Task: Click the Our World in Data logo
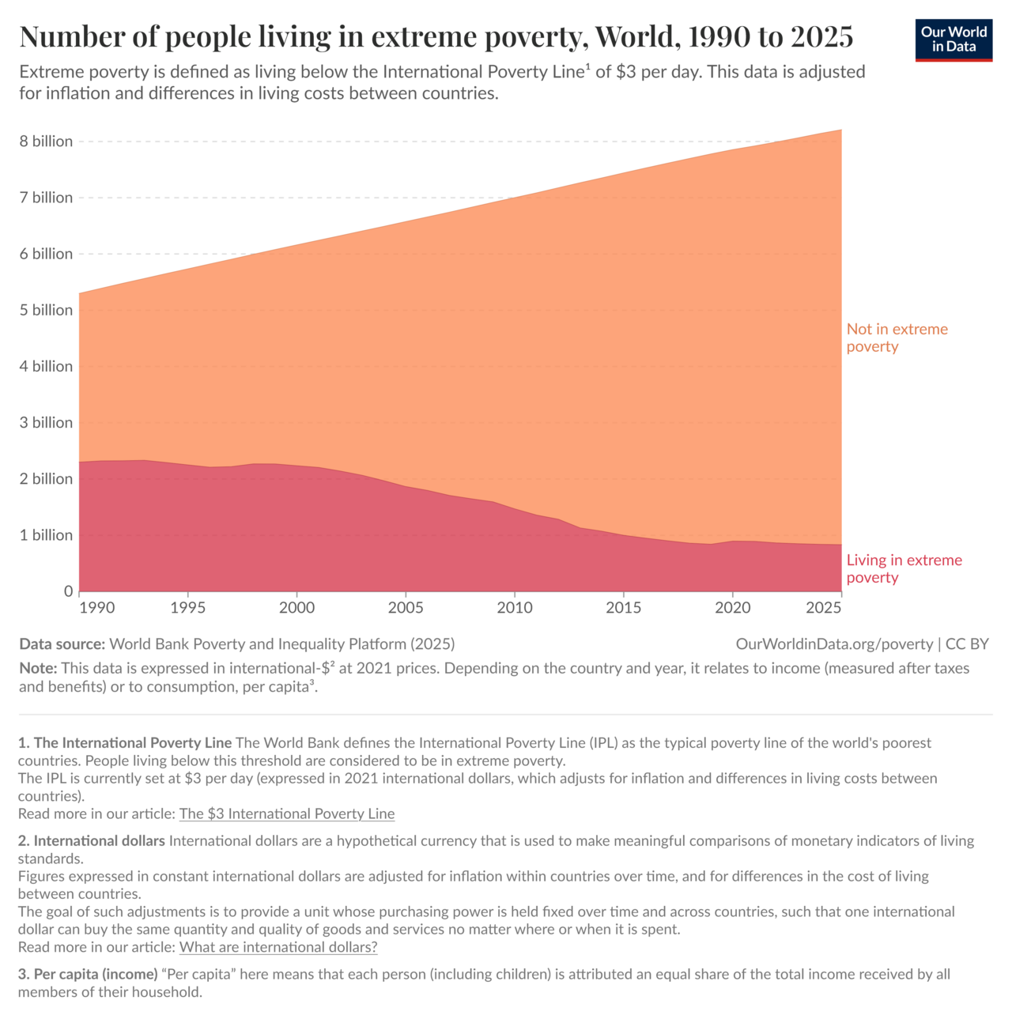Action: click(953, 40)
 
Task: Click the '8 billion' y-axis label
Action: click(46, 142)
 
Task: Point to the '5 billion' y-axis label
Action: click(46, 310)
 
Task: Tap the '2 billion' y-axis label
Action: click(46, 478)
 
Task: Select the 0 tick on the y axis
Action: click(68, 591)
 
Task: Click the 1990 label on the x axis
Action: click(96, 608)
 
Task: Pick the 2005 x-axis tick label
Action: click(406, 608)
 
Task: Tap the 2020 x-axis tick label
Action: click(733, 608)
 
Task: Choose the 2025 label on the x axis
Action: click(824, 608)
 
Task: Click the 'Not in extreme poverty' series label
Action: click(897, 338)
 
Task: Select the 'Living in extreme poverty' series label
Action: click(904, 568)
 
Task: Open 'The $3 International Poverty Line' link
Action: click(287, 813)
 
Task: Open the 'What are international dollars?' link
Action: click(278, 946)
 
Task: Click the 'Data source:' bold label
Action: click(62, 643)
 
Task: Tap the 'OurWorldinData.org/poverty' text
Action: click(834, 643)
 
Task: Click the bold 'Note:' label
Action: click(38, 668)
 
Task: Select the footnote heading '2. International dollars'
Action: click(92, 841)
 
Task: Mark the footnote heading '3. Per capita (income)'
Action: click(88, 974)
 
